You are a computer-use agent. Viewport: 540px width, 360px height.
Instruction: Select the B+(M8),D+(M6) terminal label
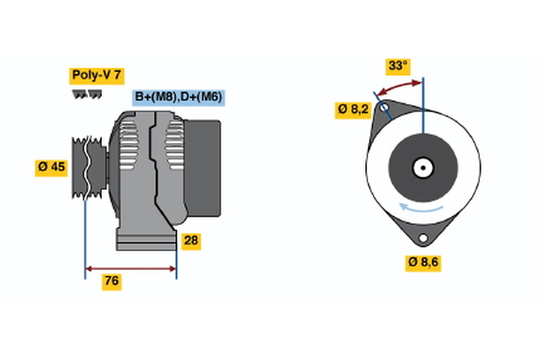click(179, 97)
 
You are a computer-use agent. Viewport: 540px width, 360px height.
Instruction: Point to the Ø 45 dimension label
click(51, 166)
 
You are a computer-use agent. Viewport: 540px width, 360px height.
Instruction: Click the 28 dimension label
click(190, 240)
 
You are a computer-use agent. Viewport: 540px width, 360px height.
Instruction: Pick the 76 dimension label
click(112, 282)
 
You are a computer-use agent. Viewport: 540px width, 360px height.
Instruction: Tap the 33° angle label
click(398, 66)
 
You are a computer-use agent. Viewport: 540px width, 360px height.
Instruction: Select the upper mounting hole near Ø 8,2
click(384, 110)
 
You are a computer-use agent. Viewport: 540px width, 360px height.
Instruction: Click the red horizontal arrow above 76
click(130, 268)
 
